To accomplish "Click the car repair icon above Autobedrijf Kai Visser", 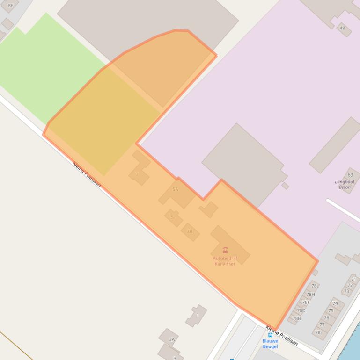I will [x=225, y=250].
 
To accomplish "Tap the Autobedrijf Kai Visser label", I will [x=225, y=261].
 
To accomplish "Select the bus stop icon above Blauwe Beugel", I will [x=270, y=335].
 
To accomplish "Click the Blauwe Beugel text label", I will [x=270, y=344].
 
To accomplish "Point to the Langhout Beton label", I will [x=345, y=184].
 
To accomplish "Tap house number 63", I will [x=350, y=175].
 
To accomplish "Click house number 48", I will [x=342, y=28].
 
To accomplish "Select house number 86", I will [x=11, y=6].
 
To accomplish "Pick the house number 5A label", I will [x=176, y=189].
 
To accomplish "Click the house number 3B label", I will [x=190, y=231].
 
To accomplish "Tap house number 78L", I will [x=315, y=286].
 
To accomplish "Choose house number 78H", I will [x=310, y=295].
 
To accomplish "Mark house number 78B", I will [x=296, y=318].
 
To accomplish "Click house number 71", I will [x=353, y=279].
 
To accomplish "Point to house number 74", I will [x=335, y=303].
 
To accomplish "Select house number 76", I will [x=326, y=318].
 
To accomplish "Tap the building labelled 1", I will [x=198, y=315].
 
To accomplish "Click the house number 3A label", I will [x=172, y=339].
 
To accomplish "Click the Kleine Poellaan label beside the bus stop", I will [x=282, y=335].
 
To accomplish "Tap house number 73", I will [x=346, y=291].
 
